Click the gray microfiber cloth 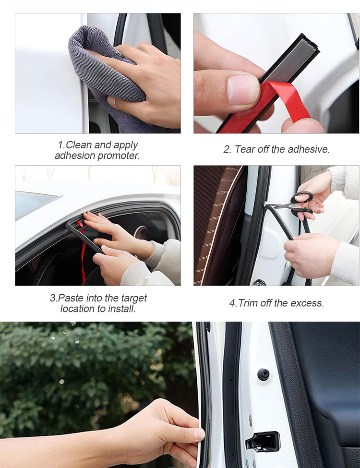98,74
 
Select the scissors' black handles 302,204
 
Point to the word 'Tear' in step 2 243,149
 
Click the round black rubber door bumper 264,374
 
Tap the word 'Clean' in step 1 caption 78,145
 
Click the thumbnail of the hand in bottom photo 199,433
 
